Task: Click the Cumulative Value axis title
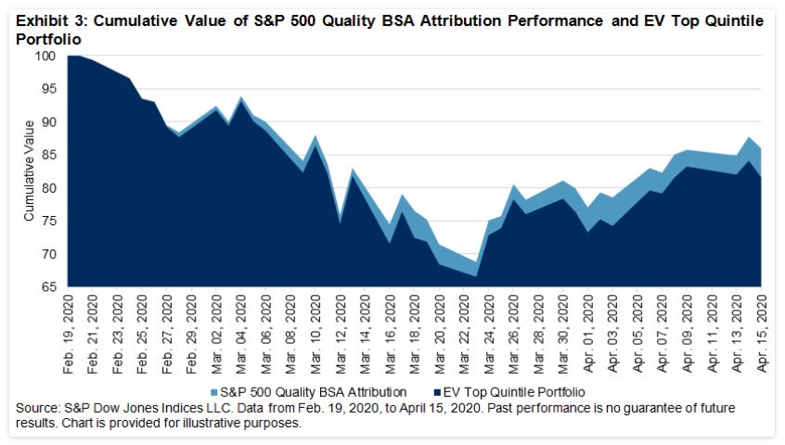(29, 171)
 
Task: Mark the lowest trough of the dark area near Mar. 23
(476, 276)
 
